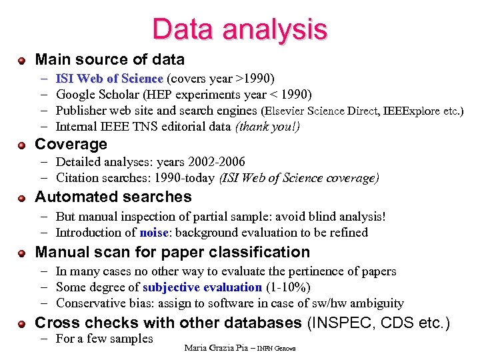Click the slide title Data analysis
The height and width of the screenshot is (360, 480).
click(x=239, y=29)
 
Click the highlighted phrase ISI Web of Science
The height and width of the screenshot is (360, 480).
click(x=109, y=79)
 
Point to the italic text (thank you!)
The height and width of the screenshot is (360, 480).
click(x=267, y=127)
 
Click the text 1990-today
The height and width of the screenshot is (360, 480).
click(x=182, y=178)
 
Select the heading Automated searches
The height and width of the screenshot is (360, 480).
click(x=113, y=197)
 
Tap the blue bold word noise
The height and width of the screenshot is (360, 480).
click(x=157, y=233)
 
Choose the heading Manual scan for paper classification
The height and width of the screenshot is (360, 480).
click(x=172, y=252)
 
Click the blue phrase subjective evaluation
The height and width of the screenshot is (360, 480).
click(x=201, y=287)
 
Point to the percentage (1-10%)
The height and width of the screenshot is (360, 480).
click(x=288, y=287)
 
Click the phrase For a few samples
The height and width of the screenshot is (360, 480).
click(x=104, y=339)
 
